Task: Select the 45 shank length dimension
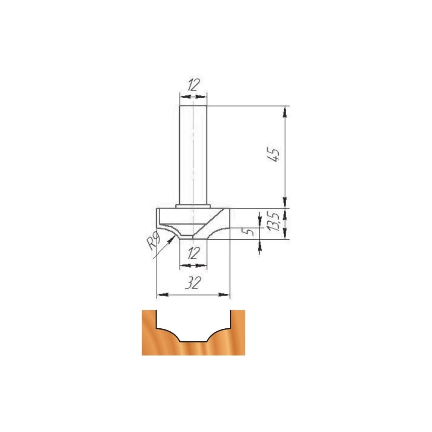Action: (274, 155)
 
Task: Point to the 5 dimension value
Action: (250, 231)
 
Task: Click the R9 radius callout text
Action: (153, 240)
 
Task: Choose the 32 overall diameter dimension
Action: (193, 283)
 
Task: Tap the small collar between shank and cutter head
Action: (193, 206)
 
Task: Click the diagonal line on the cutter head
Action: (208, 223)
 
